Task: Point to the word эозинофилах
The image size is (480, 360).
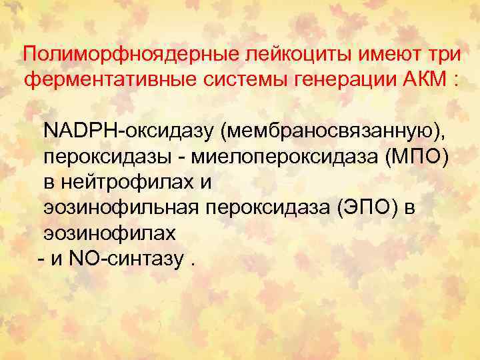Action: [x=110, y=233]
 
